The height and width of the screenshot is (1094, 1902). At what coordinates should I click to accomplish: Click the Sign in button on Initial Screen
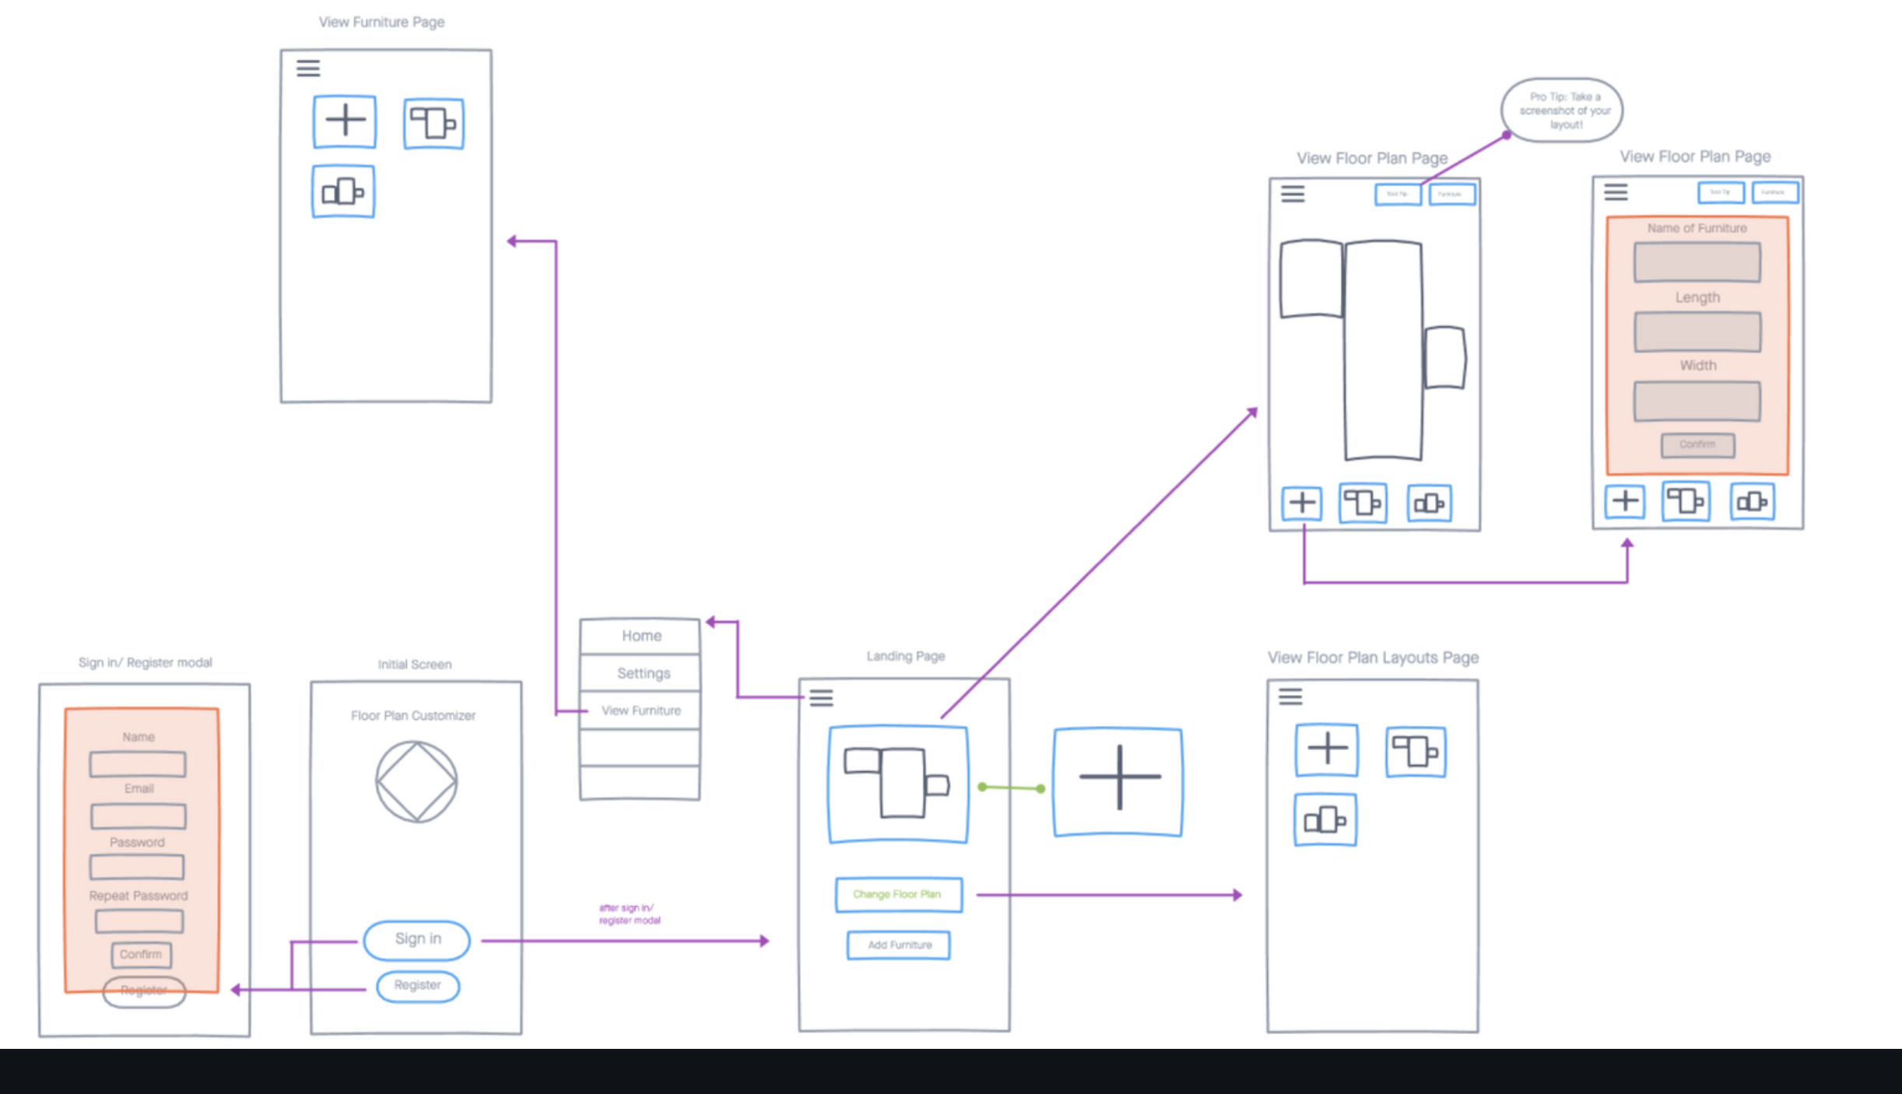(417, 940)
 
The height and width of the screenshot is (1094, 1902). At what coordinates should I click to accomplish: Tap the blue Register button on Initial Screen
(418, 986)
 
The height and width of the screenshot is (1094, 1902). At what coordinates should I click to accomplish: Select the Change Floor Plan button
(898, 895)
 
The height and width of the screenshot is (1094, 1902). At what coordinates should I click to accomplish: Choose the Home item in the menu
(640, 636)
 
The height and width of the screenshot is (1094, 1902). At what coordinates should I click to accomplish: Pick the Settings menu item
(643, 673)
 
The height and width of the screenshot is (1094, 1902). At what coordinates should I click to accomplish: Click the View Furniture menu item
(640, 710)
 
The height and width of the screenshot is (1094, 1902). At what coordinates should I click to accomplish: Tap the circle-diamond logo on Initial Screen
(416, 781)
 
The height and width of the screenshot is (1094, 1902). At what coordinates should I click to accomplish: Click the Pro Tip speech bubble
(1562, 110)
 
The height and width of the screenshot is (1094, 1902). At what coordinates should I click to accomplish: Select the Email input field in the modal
(139, 816)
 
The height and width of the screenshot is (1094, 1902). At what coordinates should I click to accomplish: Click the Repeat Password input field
(139, 922)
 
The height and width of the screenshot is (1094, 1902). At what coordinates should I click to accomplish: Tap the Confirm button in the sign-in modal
(141, 955)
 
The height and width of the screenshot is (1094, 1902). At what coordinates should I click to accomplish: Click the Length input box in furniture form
(1697, 332)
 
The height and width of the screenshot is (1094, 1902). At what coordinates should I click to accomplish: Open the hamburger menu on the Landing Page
(821, 698)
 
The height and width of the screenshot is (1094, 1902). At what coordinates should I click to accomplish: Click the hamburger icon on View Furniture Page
(308, 68)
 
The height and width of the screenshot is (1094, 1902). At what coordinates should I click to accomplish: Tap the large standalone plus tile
(1118, 781)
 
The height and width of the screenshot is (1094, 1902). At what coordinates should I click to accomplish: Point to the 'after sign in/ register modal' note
(629, 914)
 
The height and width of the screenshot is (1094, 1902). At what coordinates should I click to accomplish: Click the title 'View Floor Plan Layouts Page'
(1373, 657)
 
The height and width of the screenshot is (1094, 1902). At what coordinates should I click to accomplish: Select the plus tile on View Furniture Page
(345, 121)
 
